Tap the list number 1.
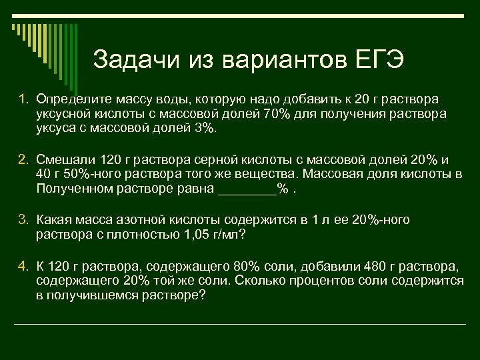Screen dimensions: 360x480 (23, 99)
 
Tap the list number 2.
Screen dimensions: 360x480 (23, 159)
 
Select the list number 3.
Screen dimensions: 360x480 (23, 219)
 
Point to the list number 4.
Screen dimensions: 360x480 (23, 267)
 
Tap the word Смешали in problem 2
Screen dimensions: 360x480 (64, 159)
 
